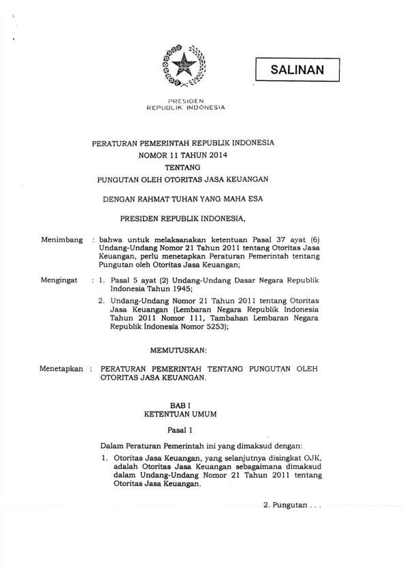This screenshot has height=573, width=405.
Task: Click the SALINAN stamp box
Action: [297, 69]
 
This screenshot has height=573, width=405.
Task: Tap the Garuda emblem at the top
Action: [183, 67]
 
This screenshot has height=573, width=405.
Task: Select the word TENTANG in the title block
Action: [182, 167]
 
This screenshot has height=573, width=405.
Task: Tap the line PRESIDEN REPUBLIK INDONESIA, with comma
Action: [182, 219]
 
